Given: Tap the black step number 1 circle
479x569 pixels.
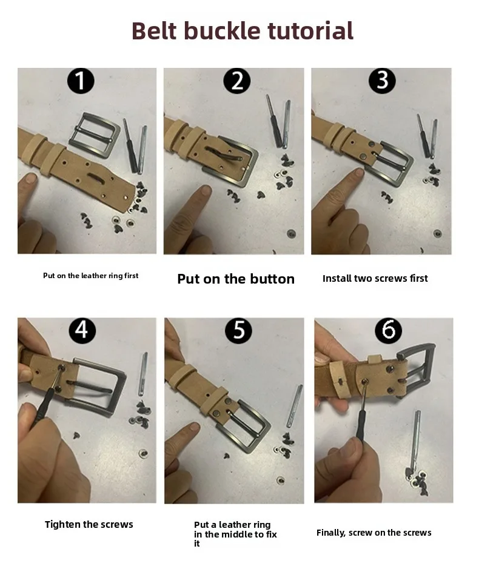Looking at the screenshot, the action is coord(81,81).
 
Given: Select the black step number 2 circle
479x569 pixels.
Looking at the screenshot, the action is coord(237,81).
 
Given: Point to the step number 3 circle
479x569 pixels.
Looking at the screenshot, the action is coord(382,80).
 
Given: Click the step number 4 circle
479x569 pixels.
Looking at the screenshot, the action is coord(82,331).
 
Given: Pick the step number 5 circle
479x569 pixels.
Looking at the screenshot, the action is coord(239,331).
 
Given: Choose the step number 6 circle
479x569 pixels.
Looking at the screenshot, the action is coord(388,331).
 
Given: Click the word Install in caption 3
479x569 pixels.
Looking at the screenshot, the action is coord(337,278).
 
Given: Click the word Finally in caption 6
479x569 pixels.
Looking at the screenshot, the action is coord(331,533).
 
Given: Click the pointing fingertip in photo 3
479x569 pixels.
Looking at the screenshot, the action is coord(359,172).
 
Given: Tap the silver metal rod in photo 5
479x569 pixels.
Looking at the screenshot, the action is coord(295,406).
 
